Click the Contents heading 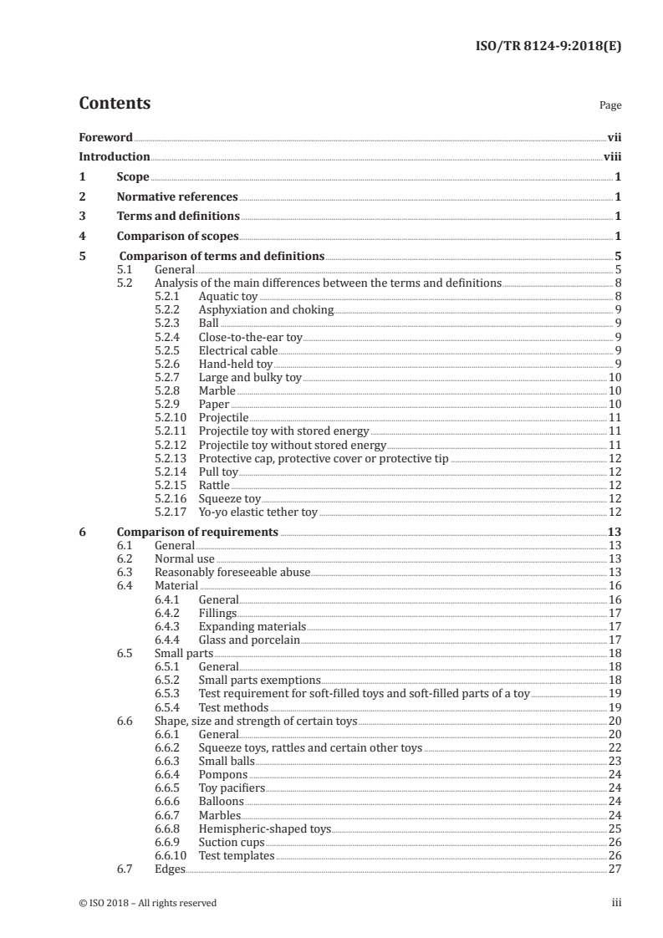pos(115,104)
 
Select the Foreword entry pos(105,136)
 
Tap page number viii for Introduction pos(611,156)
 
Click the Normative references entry pos(177,197)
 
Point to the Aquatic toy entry pos(228,297)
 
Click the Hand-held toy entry pos(236,364)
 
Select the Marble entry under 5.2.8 pos(217,391)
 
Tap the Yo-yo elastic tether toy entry pos(258,512)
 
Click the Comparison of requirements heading pos(197,532)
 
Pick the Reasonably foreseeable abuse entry pos(232,572)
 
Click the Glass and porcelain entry pos(248,640)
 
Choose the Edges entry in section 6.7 pos(169,869)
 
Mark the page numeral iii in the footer pos(616,903)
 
